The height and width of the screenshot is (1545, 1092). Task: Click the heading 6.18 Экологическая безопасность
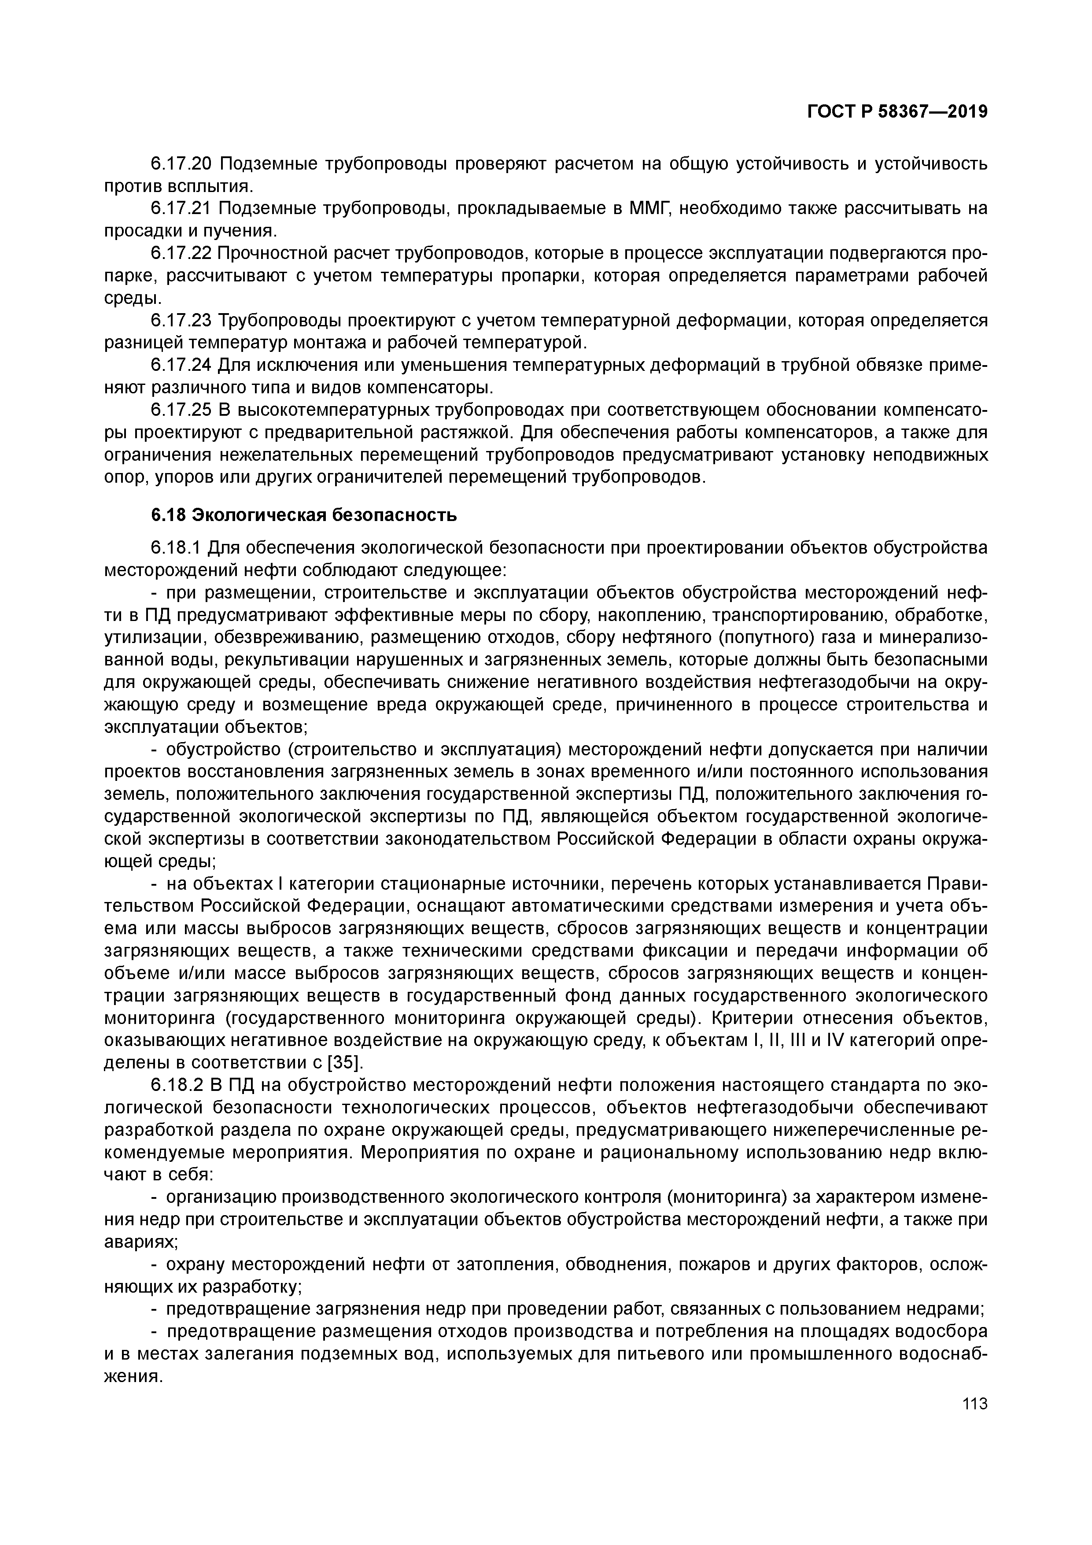(303, 515)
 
